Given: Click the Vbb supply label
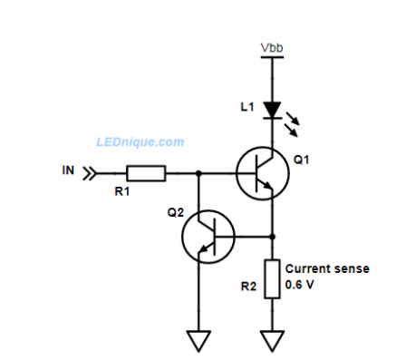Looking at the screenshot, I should (271, 47).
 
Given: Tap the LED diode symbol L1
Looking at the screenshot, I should (272, 110).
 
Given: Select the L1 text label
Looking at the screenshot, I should (246, 107).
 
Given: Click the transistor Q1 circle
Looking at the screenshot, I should (263, 173).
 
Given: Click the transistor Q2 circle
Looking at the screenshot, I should (208, 236).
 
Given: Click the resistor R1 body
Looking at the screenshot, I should (146, 172).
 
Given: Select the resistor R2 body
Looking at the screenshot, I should (272, 277).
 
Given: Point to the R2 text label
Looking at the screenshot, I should (247, 287).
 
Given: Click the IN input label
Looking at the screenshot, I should (69, 170).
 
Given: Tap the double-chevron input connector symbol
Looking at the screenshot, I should (89, 172).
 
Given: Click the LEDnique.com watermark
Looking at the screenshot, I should (140, 141).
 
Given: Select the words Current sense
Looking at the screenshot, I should (327, 268).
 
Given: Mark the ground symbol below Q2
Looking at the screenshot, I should (198, 340).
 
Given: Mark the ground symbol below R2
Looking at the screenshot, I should (272, 340).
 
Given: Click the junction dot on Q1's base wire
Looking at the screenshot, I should (198, 172).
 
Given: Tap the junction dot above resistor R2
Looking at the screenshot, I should (272, 236).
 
